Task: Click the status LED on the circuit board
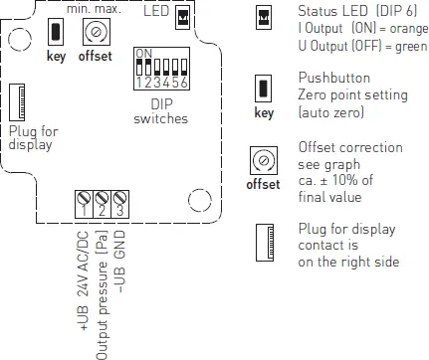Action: click(x=182, y=17)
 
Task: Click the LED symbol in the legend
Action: click(x=264, y=17)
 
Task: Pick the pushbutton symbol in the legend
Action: click(x=264, y=89)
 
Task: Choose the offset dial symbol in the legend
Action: click(x=264, y=159)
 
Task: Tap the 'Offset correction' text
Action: click(x=348, y=147)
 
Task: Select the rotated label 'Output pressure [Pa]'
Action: click(x=102, y=293)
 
